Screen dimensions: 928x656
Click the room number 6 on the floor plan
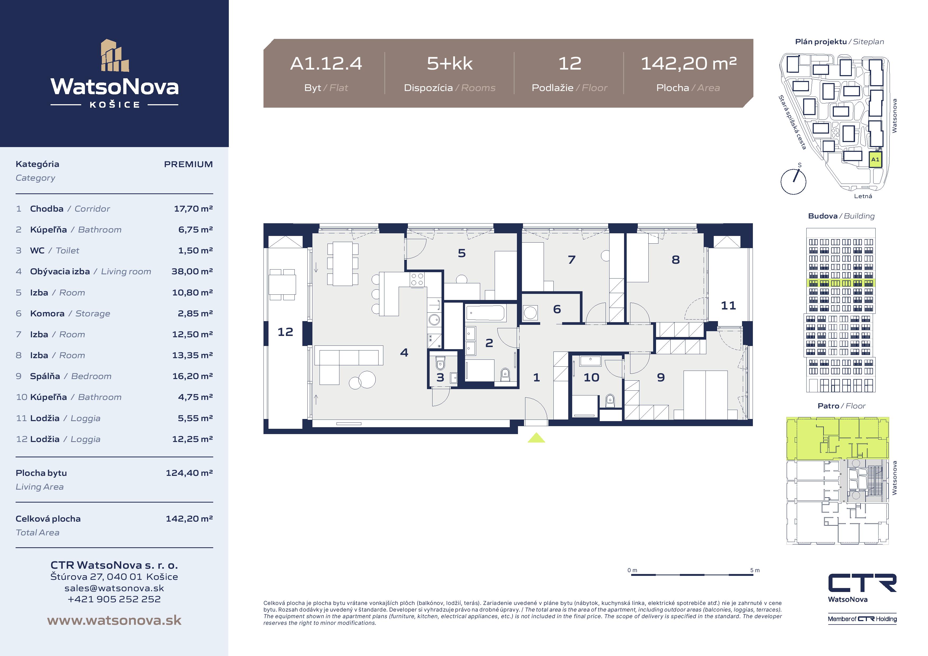[557, 309]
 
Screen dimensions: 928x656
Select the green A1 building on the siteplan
[875, 160]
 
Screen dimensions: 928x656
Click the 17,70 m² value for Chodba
[193, 208]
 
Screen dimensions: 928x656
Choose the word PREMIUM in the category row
[188, 164]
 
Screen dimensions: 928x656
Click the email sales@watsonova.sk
[114, 588]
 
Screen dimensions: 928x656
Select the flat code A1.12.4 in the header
[326, 63]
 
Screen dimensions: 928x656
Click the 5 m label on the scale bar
[755, 570]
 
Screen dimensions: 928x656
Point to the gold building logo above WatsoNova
[115, 55]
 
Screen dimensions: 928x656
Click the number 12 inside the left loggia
[285, 332]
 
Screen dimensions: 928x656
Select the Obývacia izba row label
[60, 272]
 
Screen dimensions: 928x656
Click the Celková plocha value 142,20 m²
[189, 518]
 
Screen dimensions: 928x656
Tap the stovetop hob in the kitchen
[417, 279]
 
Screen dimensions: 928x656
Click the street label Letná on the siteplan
[863, 196]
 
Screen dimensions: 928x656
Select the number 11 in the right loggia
[728, 306]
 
